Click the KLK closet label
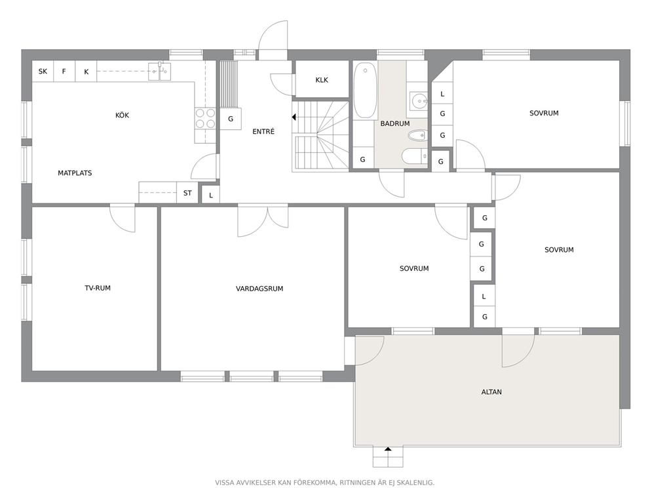322,80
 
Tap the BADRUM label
395,124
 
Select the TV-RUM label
98,288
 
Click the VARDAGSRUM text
259,289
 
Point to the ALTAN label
491,392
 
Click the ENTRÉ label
263,132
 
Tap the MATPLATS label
75,173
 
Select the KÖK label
123,115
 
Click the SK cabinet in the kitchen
43,71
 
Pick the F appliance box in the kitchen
64,71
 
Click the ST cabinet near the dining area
187,193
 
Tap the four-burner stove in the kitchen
205,118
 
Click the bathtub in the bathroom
365,91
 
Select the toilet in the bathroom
413,156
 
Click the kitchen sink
160,71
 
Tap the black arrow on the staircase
294,117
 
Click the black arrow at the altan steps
388,449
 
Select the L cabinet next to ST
210,195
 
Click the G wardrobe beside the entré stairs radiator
231,119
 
